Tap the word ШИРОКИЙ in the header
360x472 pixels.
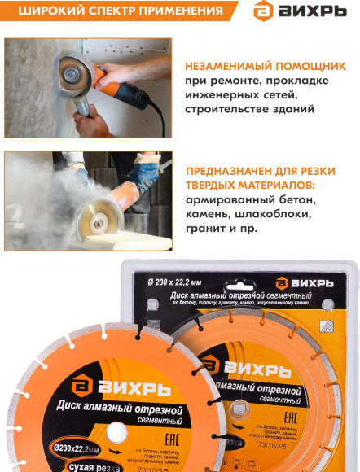pos(50,11)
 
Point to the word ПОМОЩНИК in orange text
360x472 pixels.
pos(312,64)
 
